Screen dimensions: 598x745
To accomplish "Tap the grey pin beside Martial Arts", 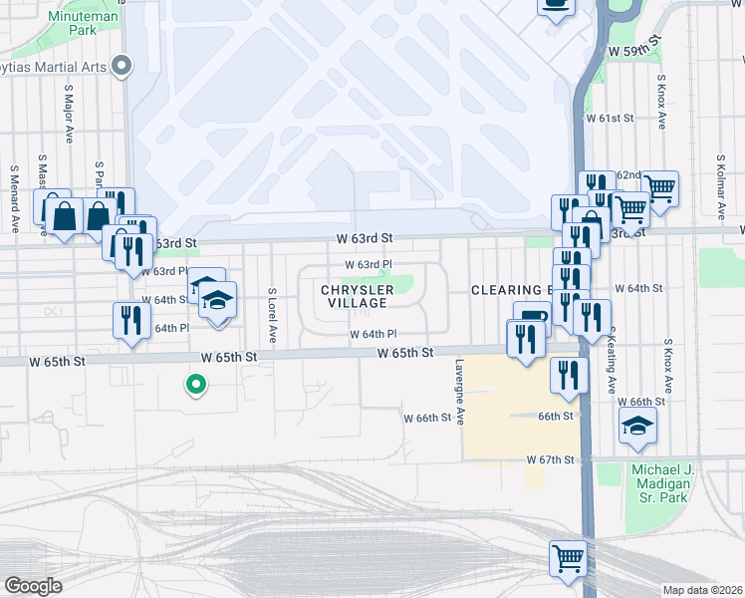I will pos(123,67).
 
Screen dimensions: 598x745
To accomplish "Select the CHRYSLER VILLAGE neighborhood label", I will pos(357,296).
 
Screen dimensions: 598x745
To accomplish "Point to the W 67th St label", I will pos(551,459).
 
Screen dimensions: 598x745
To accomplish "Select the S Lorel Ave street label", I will pos(271,315).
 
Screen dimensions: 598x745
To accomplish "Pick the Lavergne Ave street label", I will pos(459,392).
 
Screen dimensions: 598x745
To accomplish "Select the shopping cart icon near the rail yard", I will pos(568,557).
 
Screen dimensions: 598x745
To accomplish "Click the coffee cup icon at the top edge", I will pos(556,5).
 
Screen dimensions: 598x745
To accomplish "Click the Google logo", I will pos(33,586).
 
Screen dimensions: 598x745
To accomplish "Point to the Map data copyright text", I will pos(702,590).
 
